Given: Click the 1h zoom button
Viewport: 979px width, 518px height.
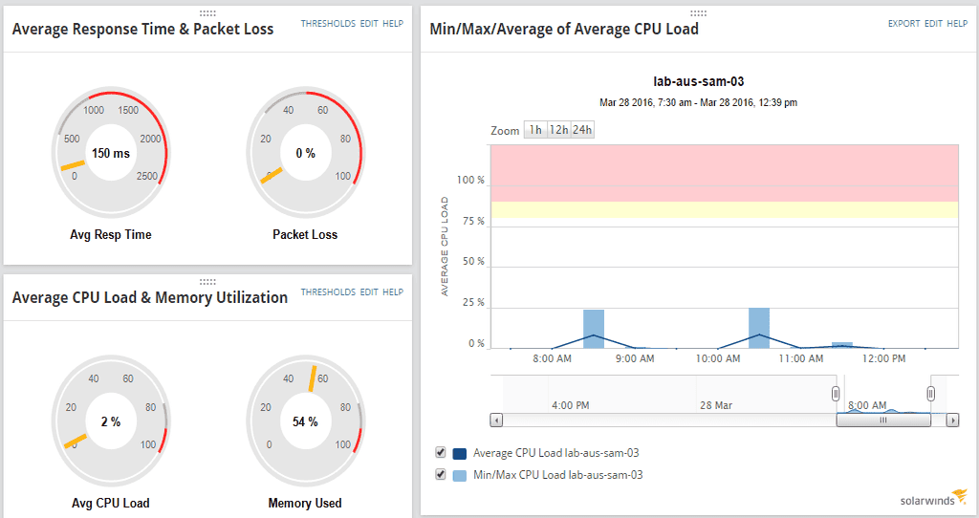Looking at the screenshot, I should [x=536, y=130].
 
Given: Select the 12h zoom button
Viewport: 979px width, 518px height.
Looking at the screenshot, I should [x=558, y=130].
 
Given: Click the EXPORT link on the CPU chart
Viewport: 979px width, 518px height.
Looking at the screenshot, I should [x=903, y=23].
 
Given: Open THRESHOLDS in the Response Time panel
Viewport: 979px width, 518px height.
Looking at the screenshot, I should [x=328, y=23].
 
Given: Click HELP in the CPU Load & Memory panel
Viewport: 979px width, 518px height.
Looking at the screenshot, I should [x=393, y=291].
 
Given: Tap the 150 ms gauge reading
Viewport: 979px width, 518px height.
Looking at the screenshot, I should [x=111, y=153].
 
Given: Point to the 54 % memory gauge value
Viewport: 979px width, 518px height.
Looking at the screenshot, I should [x=305, y=421].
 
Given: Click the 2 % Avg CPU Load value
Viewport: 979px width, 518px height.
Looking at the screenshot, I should [x=111, y=421].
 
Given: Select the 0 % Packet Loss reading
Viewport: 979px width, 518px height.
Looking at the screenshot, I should [x=305, y=153].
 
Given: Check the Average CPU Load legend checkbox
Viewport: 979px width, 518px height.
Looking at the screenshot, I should [x=441, y=452].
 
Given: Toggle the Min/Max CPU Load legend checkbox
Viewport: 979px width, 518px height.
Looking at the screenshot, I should [x=441, y=474].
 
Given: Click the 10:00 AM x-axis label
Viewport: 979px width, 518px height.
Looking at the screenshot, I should [x=718, y=359].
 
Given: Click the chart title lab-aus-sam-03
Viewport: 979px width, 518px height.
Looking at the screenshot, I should [x=698, y=82].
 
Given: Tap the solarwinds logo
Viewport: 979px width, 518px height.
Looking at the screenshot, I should [x=933, y=497].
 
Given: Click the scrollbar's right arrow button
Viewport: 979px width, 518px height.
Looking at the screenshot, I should [x=953, y=420].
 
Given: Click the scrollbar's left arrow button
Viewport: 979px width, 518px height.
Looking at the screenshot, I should [x=495, y=420].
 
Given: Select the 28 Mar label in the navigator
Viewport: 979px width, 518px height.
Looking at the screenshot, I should [x=716, y=405].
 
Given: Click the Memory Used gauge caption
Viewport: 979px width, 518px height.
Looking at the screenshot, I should [x=305, y=503].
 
